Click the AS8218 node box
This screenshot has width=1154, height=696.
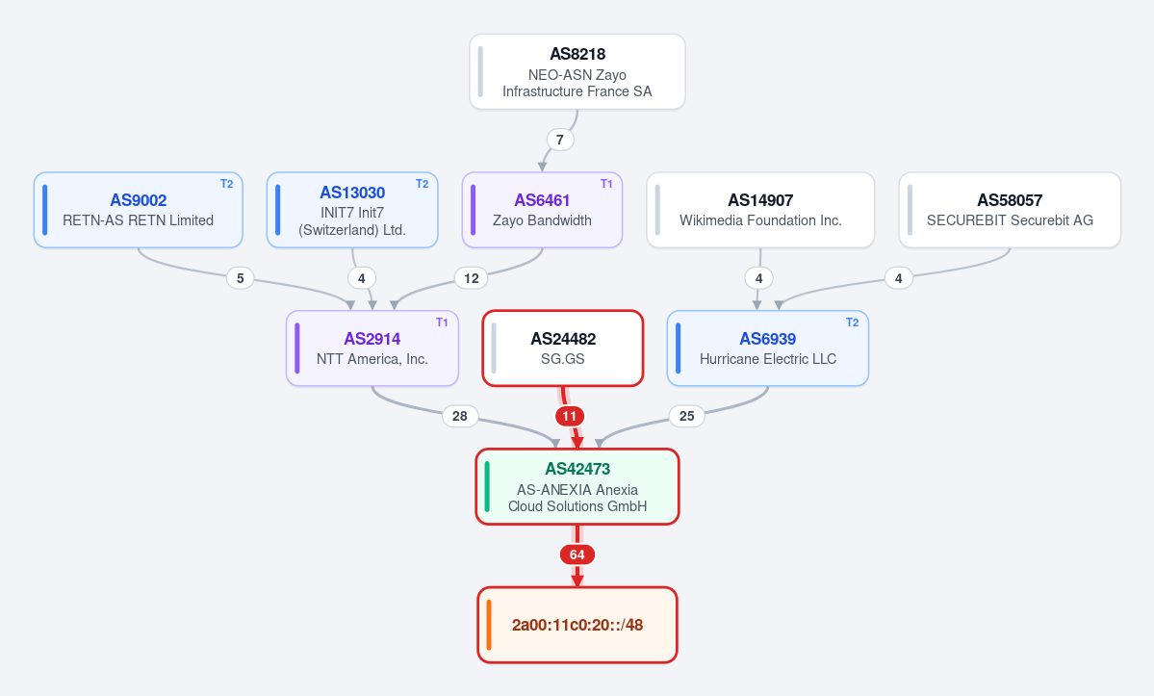(577, 72)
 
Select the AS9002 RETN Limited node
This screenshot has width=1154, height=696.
(139, 210)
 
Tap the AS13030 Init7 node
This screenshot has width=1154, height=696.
(352, 210)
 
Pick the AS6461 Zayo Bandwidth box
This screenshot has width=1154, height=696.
(543, 210)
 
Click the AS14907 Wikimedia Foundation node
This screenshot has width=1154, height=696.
(760, 210)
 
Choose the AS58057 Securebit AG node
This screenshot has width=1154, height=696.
(1010, 210)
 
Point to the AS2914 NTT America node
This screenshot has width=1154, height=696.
(372, 348)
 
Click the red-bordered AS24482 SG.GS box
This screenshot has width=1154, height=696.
(563, 348)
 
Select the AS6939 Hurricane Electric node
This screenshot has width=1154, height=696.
(768, 348)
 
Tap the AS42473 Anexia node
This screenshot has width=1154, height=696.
(577, 486)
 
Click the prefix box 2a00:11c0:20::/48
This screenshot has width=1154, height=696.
(577, 625)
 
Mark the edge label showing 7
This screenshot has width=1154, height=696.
(560, 140)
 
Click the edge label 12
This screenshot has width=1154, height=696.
(472, 278)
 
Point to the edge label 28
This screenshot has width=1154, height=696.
(460, 417)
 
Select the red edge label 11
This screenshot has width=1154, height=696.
(570, 417)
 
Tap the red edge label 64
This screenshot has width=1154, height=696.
(577, 554)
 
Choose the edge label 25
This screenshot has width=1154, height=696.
(686, 417)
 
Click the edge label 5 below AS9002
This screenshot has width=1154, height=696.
(240, 278)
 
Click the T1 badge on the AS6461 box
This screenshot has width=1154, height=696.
(606, 184)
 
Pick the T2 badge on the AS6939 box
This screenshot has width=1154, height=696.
(852, 322)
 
